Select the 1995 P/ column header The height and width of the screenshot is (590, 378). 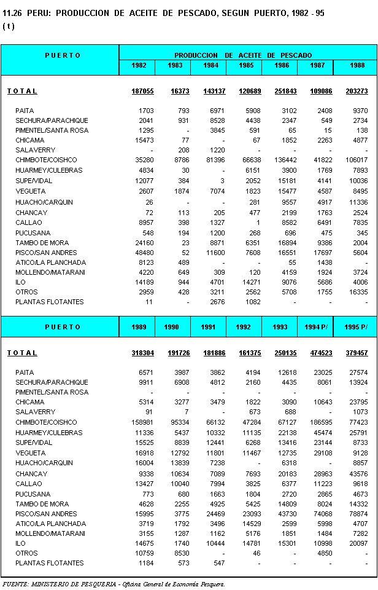point(356,327)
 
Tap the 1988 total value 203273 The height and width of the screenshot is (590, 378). point(356,91)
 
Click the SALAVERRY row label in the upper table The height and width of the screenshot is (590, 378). point(35,150)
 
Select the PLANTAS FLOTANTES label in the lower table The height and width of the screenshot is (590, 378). point(49,563)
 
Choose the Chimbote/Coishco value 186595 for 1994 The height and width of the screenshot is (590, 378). point(320,422)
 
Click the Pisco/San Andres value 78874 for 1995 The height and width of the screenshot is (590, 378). point(358,514)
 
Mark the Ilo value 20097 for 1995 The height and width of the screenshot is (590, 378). point(358,543)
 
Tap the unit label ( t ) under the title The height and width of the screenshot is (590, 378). point(8,26)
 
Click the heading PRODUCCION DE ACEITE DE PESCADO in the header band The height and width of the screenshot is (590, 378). point(242,55)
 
